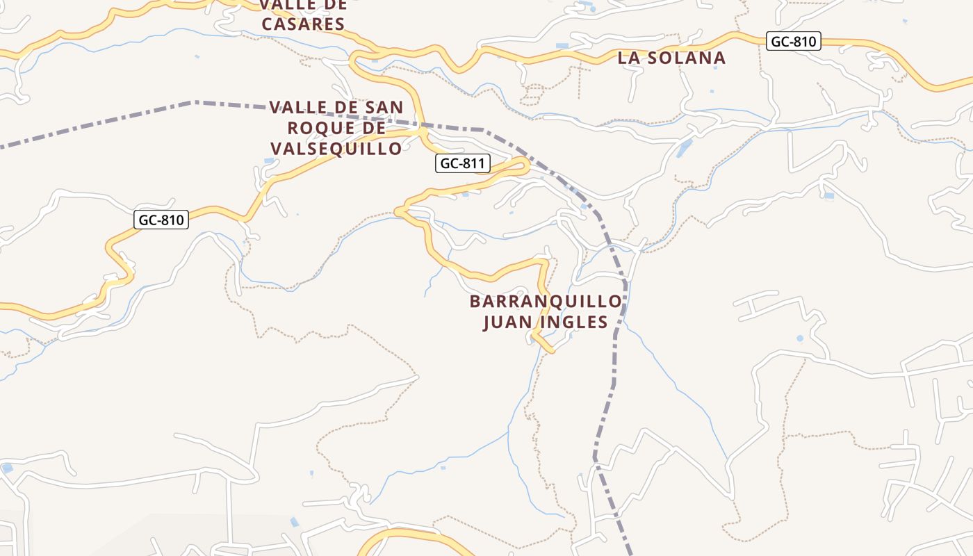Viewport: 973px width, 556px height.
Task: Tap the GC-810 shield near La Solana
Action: (x=794, y=41)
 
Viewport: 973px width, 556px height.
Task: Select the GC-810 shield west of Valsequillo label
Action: (x=161, y=220)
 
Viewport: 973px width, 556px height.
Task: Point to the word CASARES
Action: (x=302, y=24)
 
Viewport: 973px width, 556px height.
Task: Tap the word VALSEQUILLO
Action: (x=336, y=149)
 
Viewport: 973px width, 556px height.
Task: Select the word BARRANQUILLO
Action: (x=546, y=302)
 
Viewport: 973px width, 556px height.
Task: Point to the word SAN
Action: (x=381, y=108)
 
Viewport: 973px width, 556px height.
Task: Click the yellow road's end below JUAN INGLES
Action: (x=553, y=351)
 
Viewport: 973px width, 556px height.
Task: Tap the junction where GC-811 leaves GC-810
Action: (x=422, y=130)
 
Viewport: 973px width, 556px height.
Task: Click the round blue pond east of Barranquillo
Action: (x=800, y=338)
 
